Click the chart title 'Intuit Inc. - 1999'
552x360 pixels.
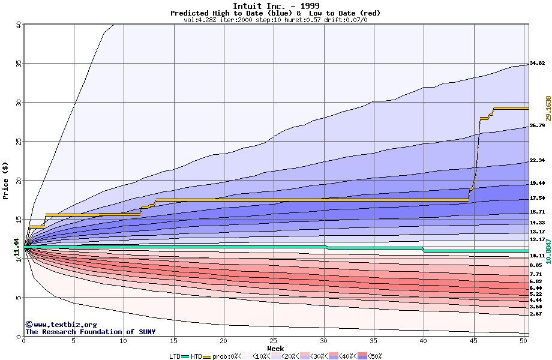coord(275,6)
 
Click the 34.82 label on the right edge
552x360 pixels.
coord(536,63)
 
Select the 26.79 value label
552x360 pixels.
coord(536,125)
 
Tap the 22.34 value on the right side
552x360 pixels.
coord(536,160)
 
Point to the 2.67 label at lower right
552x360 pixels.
coord(535,314)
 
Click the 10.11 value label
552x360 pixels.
coord(536,256)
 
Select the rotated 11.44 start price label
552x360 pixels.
coord(16,246)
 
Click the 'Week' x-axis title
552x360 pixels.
coord(275,349)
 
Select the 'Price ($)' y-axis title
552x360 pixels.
coord(6,179)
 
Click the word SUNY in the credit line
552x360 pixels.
coord(145,332)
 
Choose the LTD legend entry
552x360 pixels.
coord(174,356)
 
